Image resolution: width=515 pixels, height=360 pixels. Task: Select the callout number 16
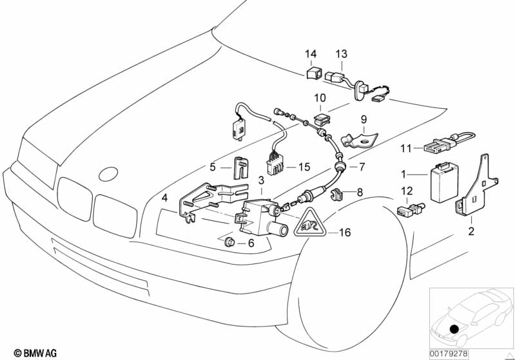[345, 232]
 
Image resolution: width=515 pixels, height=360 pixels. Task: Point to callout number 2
[471, 231]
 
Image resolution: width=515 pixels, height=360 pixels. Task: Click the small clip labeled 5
[240, 167]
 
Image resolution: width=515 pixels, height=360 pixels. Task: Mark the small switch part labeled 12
[410, 210]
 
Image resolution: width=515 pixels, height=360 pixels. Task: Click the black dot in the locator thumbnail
[456, 330]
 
